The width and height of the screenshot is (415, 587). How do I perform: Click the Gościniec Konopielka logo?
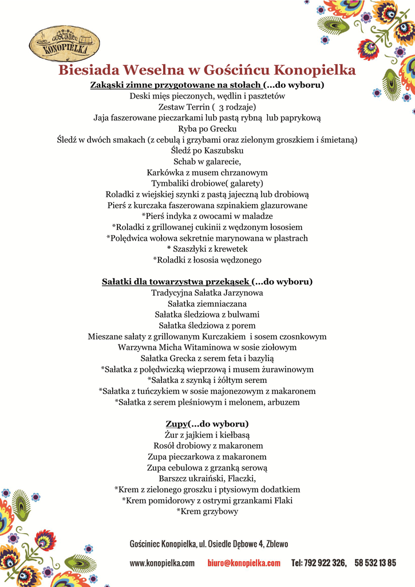[64, 44]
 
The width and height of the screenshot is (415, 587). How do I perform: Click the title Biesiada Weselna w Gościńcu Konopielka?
[207, 71]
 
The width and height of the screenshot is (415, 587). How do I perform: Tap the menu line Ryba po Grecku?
[207, 129]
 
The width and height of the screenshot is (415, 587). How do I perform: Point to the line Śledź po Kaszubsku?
[207, 151]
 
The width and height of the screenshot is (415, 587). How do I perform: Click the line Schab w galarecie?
[207, 162]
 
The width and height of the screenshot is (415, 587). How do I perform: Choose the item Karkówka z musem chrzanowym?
[207, 173]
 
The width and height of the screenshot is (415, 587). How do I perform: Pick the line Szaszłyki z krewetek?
[207, 249]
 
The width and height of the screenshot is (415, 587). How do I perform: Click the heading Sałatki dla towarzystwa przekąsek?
[176, 282]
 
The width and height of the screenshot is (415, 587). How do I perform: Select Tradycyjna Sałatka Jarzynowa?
[207, 293]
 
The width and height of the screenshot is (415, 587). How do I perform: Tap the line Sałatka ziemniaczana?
[207, 304]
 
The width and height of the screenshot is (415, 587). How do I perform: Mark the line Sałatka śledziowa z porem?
[207, 326]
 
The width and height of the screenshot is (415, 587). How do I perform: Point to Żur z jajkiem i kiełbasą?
[207, 435]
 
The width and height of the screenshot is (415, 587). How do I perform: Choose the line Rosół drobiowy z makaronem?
[207, 446]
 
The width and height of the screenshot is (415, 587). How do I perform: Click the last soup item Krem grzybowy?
[207, 511]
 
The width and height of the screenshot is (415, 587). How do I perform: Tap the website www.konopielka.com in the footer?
[162, 563]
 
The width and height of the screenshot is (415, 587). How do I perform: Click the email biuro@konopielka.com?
[244, 563]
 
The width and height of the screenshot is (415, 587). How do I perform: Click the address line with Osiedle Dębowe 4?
[209, 543]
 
